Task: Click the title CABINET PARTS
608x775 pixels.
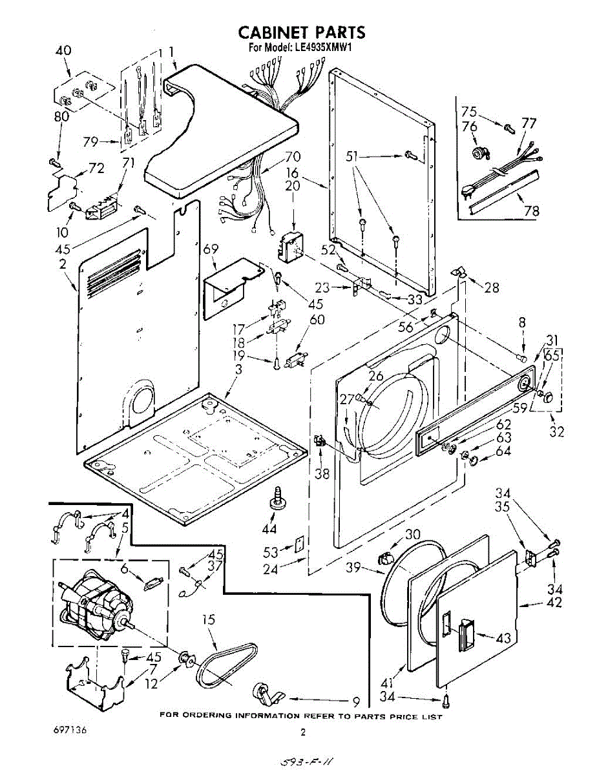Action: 302,32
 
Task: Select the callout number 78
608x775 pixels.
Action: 532,211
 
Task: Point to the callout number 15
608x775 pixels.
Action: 207,620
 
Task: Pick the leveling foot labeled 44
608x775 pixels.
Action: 278,501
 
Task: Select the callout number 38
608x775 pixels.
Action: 321,473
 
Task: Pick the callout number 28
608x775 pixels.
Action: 492,288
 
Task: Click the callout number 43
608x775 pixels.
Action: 503,639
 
